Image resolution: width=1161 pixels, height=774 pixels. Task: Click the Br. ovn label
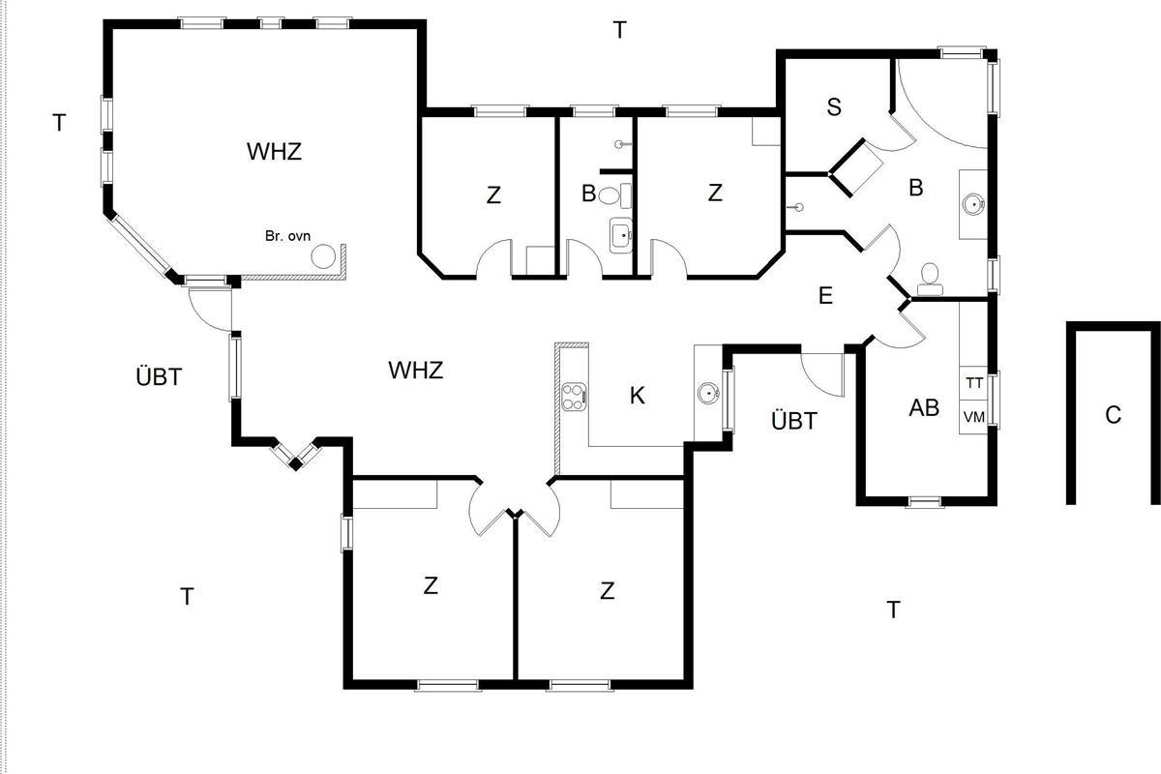pos(287,236)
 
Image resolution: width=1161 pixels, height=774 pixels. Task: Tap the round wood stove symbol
pos(323,256)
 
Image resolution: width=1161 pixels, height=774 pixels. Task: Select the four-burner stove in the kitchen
pos(574,396)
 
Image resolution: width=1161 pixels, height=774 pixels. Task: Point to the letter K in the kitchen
pos(637,396)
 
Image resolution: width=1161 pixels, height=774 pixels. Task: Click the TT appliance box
pos(974,383)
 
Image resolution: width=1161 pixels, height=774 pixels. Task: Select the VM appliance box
pos(974,417)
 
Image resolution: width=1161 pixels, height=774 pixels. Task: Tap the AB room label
pos(924,408)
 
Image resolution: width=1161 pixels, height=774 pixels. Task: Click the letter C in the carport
pos(1113,415)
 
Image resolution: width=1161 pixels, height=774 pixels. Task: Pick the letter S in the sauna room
pos(834,106)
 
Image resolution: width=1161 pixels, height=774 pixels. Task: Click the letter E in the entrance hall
pos(825,296)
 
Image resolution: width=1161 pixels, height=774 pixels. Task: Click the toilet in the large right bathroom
pos(930,278)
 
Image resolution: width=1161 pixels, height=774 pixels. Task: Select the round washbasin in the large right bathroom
pos(972,204)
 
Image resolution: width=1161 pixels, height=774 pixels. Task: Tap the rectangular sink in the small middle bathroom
pos(620,233)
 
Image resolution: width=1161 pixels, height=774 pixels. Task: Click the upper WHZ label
pos(274,152)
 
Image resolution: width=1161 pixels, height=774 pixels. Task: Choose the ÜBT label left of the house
pos(159,376)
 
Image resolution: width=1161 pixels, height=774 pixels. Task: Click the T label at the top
pos(619,30)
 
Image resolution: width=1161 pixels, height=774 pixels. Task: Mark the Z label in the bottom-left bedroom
pos(431,585)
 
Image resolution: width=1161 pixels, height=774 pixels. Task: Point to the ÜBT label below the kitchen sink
pos(794,421)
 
